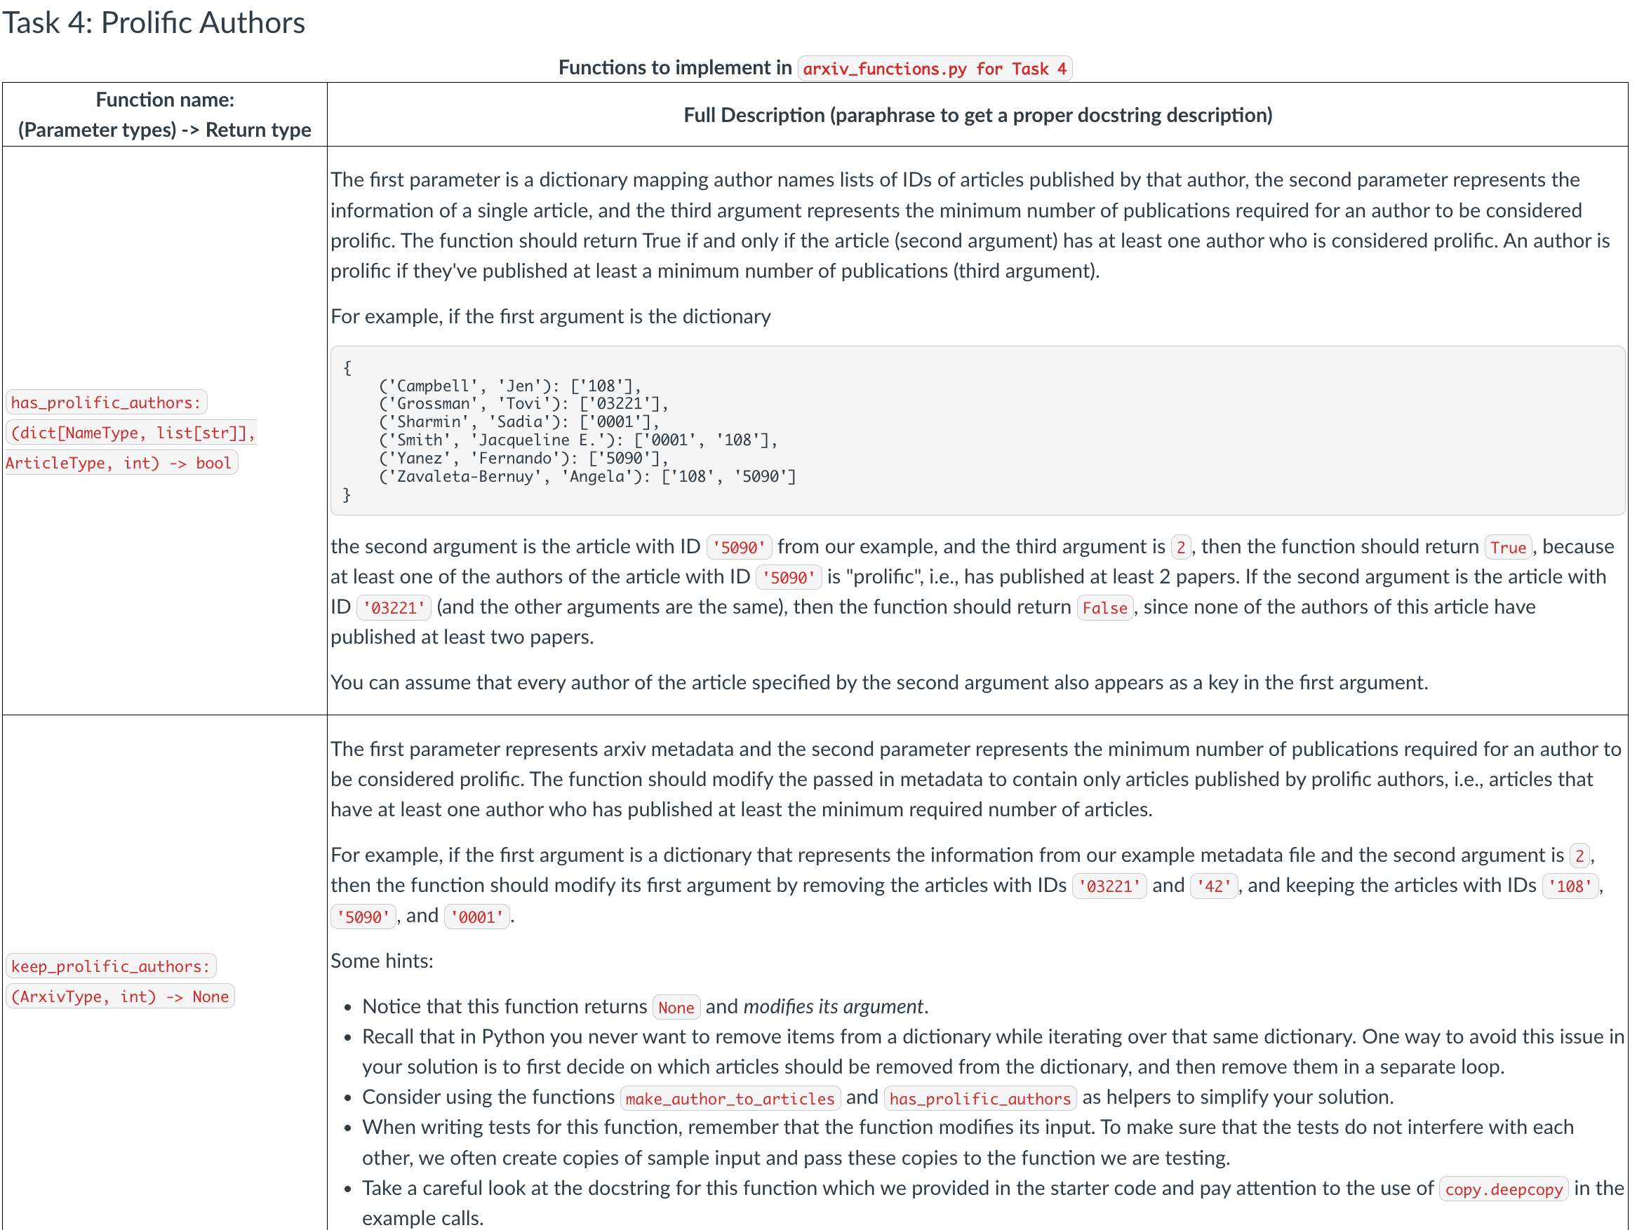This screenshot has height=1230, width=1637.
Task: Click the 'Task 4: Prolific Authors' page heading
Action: point(153,23)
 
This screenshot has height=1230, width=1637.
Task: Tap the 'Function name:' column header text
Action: point(164,99)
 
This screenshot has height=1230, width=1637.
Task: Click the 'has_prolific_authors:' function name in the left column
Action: point(106,403)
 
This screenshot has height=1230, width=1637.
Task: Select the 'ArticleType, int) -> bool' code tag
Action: point(121,463)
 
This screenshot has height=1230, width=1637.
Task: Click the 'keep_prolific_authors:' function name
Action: point(111,966)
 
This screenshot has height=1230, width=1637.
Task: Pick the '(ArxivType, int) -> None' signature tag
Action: point(120,996)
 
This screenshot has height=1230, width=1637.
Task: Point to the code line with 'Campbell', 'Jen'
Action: point(509,386)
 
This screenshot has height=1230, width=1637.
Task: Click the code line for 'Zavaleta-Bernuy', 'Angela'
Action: point(587,476)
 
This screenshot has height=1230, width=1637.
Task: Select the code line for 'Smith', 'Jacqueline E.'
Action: point(577,440)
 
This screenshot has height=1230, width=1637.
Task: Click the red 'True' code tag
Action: point(1507,547)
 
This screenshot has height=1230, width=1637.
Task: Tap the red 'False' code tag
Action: point(1104,608)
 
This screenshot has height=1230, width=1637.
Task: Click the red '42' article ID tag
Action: point(1214,886)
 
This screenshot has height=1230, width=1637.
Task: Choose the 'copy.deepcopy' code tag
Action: point(1503,1189)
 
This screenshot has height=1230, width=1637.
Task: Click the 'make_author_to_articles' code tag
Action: point(730,1098)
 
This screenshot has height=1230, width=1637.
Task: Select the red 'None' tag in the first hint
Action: point(676,1008)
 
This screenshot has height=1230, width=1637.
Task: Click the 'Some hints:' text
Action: point(382,961)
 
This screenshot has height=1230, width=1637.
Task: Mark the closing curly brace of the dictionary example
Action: point(347,495)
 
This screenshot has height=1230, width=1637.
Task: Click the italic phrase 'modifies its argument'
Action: point(833,1006)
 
